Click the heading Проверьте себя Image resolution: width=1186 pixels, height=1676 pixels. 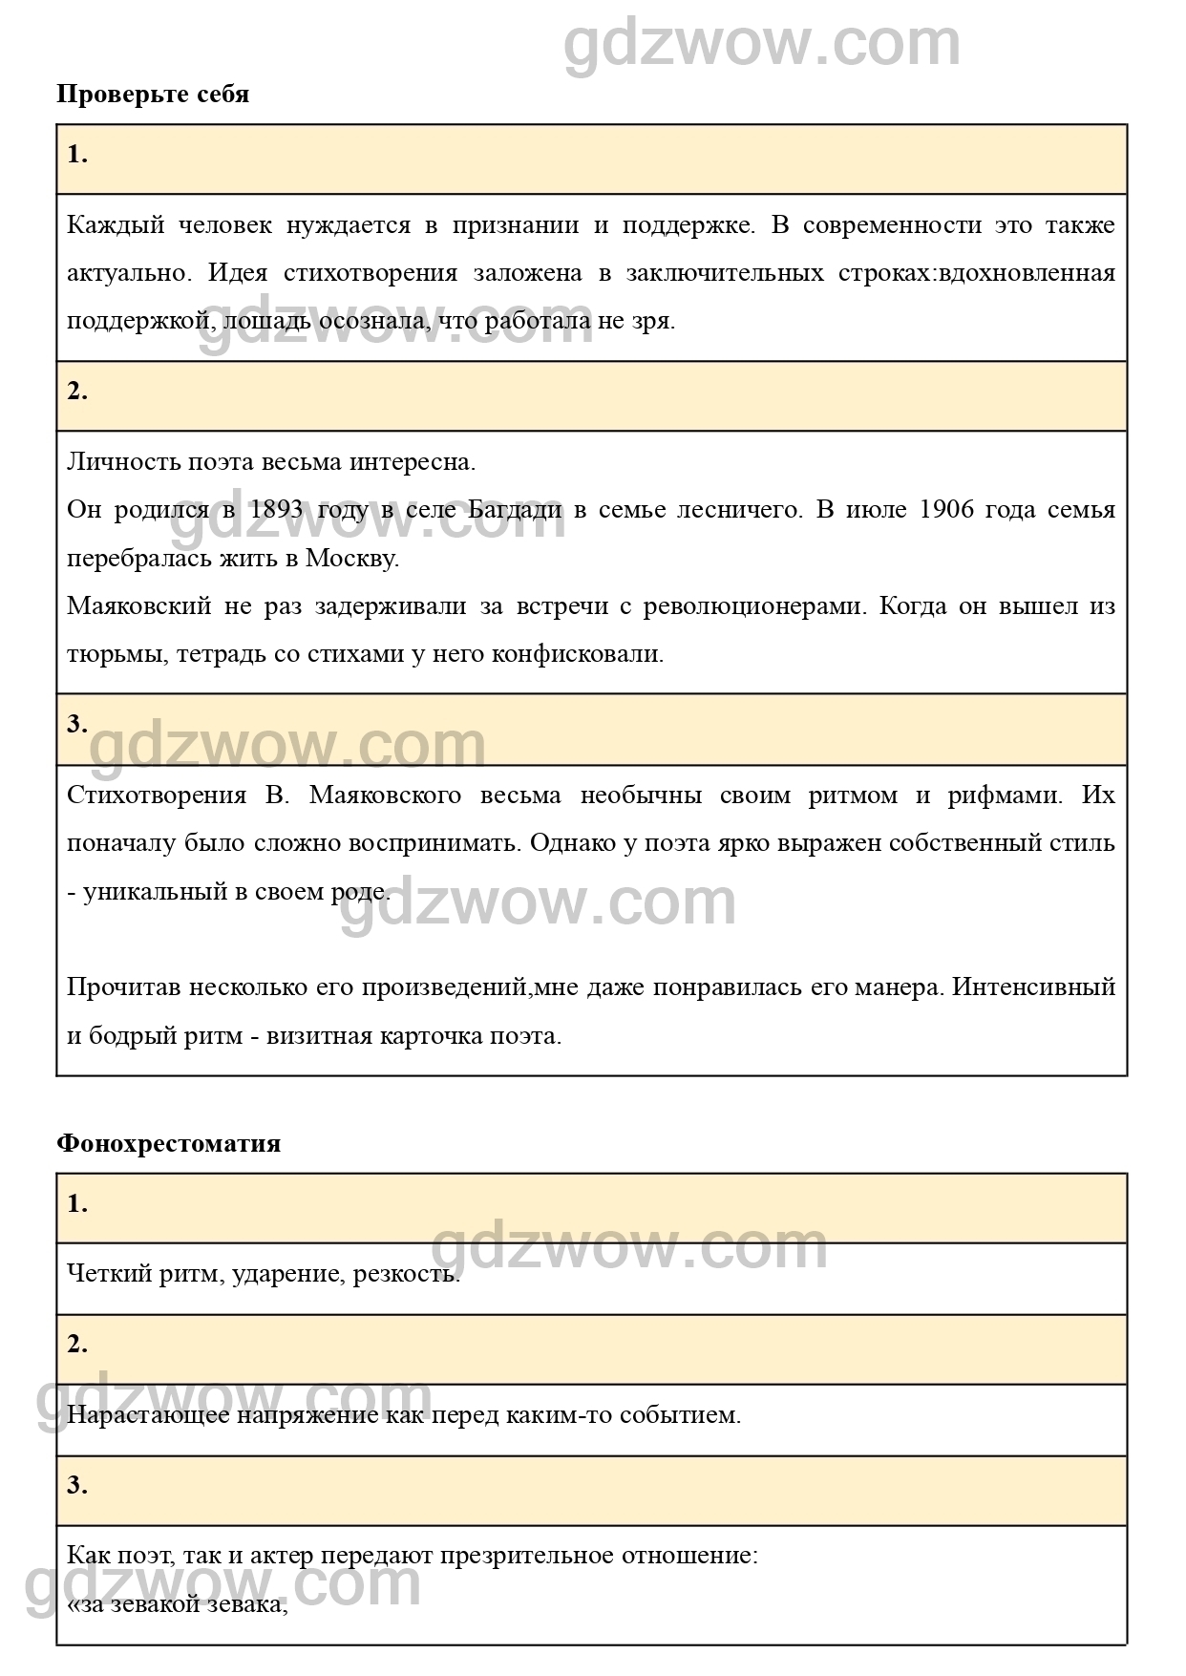(153, 95)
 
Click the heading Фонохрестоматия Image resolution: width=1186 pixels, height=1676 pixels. (168, 1143)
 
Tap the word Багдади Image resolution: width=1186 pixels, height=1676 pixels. (515, 509)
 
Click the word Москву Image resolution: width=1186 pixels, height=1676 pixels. (351, 558)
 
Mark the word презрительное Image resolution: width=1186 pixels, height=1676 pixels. (525, 1555)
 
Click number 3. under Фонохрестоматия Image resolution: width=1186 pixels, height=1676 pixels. (77, 1485)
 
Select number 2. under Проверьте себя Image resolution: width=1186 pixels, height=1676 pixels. (77, 391)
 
